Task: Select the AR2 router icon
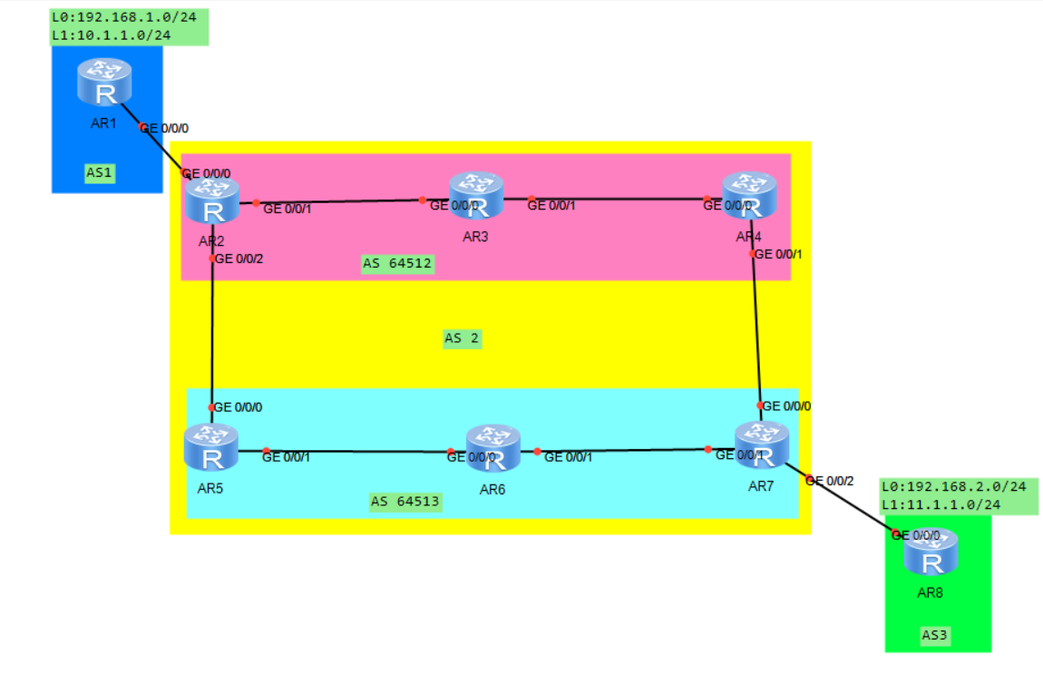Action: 211,200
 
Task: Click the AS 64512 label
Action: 397,264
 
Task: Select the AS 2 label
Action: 462,339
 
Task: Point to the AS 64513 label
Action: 405,502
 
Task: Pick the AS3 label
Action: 934,636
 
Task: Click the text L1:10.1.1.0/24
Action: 111,35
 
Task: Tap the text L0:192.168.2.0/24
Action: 953,487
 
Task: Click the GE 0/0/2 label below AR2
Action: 239,259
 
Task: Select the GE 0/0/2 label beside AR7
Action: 829,480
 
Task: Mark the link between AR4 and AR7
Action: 757,327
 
